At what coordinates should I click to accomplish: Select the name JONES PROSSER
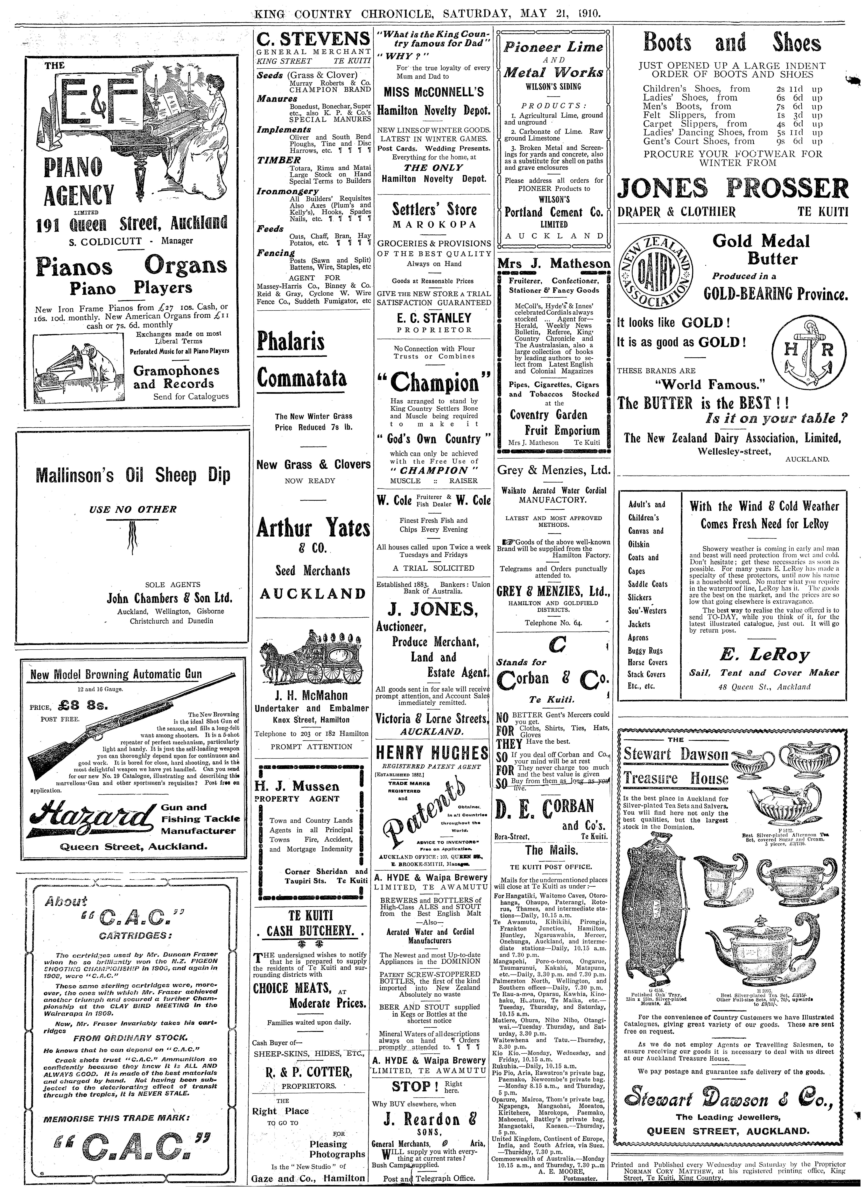coord(732,188)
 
